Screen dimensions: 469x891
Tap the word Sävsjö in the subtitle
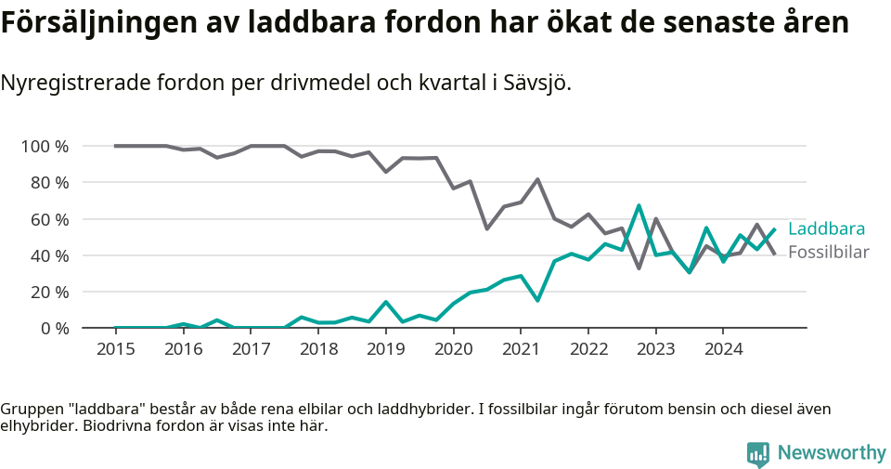point(536,84)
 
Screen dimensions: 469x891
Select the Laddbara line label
point(826,229)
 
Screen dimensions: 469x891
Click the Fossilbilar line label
point(828,253)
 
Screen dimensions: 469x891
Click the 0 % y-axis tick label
point(54,328)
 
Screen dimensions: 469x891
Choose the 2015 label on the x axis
point(116,349)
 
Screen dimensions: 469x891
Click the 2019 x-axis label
point(386,349)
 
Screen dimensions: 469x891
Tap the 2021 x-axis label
point(521,349)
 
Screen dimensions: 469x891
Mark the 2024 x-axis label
point(723,349)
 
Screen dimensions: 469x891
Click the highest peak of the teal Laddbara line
point(639,206)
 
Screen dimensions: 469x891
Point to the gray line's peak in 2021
point(537,179)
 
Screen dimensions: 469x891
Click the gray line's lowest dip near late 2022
point(639,268)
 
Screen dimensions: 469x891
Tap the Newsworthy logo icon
point(757,454)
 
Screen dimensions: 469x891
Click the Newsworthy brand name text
point(831,453)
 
